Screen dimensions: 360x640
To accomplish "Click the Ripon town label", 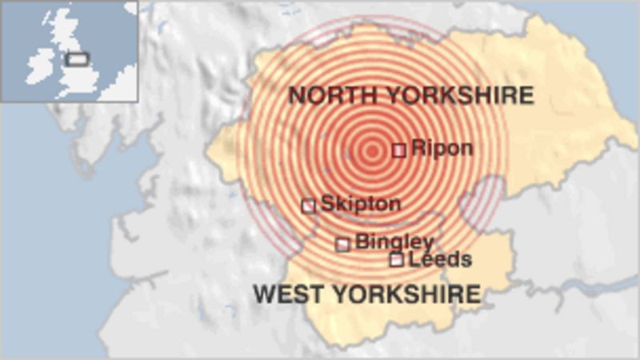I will tap(442, 149).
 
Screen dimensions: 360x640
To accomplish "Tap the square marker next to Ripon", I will tap(398, 150).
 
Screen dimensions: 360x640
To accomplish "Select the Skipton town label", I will tap(360, 204).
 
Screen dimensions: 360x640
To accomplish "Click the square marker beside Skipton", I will tap(308, 206).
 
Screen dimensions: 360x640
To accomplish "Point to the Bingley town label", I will tap(394, 242).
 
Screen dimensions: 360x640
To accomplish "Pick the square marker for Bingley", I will tap(342, 244).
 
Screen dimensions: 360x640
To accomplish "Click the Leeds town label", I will tap(440, 259).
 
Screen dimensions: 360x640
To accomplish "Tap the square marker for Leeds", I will tap(396, 259).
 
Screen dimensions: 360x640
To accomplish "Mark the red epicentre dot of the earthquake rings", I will tap(371, 150).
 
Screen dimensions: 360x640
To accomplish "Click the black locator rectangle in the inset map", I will tap(78, 58).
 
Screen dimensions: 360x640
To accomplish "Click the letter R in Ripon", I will tap(417, 149).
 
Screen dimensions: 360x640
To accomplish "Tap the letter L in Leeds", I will tap(414, 259).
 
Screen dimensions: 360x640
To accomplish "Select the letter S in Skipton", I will tap(327, 204).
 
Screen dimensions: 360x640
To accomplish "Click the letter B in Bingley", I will tap(361, 242).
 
